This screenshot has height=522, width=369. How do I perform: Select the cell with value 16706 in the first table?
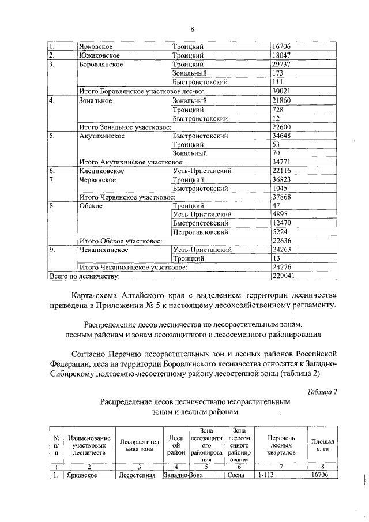pos(283,46)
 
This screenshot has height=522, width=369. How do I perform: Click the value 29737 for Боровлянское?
pos(283,65)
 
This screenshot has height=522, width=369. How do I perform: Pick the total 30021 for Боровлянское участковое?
pos(283,91)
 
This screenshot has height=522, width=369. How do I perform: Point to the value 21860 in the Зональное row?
pos(283,100)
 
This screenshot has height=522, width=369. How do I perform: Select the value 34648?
pos(283,136)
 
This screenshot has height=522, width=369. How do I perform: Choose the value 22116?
pos(283,171)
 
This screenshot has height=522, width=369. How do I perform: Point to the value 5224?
pos(280,232)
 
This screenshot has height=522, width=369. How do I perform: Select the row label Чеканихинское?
pos(104,250)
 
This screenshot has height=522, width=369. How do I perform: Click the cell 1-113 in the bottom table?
pos(267,475)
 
